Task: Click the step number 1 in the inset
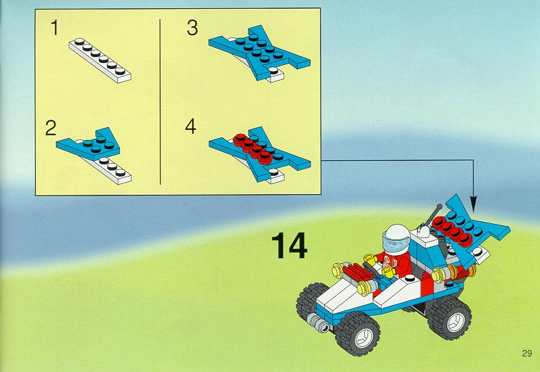tap(55, 28)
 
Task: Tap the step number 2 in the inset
tap(51, 128)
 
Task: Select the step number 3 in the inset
tap(192, 28)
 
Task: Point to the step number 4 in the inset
tap(190, 126)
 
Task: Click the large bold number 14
tap(290, 245)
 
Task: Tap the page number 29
tap(527, 354)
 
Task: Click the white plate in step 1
tap(100, 60)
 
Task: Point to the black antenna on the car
tap(432, 216)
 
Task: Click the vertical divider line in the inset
tap(160, 102)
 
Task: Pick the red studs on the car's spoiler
tap(452, 231)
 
